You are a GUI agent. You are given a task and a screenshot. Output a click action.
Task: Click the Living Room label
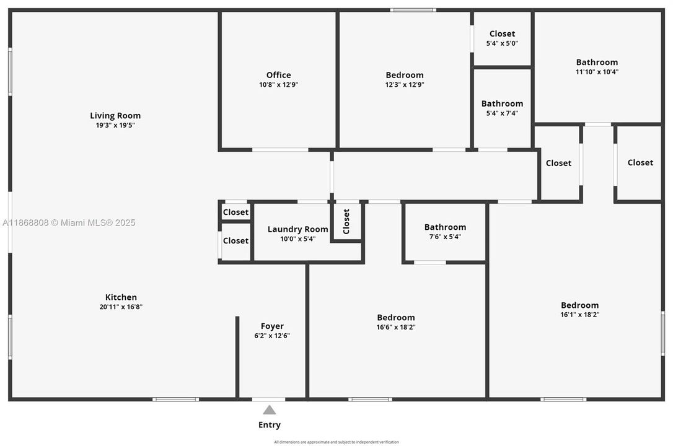pos(115,115)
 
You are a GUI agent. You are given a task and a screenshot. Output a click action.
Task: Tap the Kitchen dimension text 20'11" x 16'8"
pos(121,307)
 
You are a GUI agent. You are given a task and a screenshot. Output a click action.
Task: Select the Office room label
pos(278,75)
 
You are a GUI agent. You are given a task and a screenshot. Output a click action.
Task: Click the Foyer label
pos(272,326)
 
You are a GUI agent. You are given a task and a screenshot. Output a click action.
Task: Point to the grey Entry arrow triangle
pos(269,409)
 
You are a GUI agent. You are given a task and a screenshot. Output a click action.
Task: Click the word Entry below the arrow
pos(269,425)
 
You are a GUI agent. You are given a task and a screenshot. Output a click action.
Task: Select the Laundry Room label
pos(297,229)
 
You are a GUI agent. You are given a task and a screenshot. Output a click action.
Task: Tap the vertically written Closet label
pos(346,221)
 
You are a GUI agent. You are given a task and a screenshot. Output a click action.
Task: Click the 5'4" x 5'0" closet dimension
pos(502,43)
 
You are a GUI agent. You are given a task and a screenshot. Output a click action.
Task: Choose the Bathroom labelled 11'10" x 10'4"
pos(597,62)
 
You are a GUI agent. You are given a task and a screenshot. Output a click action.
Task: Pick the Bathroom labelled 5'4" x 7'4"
pos(502,103)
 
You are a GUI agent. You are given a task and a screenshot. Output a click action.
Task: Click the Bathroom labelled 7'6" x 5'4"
pos(445,227)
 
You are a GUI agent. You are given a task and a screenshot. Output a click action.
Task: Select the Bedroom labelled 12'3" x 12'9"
pos(405,75)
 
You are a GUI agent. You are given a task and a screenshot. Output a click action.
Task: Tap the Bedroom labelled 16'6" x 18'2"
pos(396,318)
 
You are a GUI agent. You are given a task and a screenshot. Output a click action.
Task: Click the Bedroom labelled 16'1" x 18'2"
pos(579,305)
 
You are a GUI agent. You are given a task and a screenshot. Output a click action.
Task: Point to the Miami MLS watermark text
pos(69,222)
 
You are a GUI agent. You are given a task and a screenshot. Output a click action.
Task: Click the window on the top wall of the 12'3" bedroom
pos(413,10)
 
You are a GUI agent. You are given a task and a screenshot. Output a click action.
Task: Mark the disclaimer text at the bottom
pos(336,442)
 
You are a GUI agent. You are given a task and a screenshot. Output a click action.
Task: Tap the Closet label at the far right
pos(640,162)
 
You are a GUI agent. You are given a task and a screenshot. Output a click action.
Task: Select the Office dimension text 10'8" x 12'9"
pos(278,85)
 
